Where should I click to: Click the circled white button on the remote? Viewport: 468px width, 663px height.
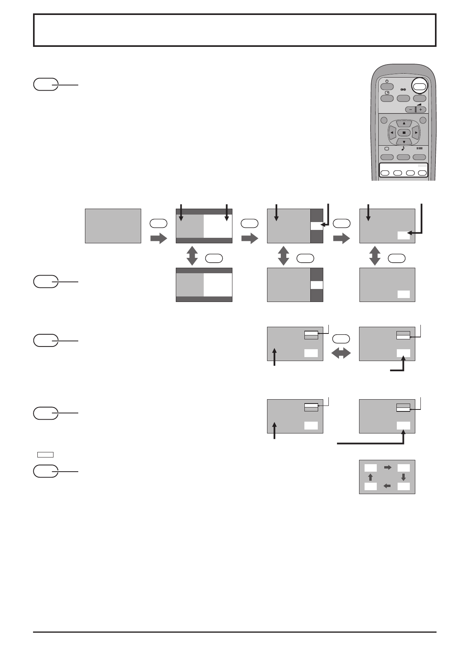pyautogui.click(x=420, y=87)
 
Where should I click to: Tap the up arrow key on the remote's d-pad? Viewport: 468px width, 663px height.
pyautogui.click(x=404, y=123)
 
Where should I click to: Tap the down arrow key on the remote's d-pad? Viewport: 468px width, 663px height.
pyautogui.click(x=404, y=141)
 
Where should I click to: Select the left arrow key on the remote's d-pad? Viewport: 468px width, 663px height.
pyautogui.click(x=392, y=132)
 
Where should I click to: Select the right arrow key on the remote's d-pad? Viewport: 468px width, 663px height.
pyautogui.click(x=416, y=132)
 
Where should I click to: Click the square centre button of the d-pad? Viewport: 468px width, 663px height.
pyautogui.click(x=404, y=132)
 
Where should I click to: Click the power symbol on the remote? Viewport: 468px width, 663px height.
pyautogui.click(x=387, y=81)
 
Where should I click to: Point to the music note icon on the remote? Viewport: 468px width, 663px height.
pyautogui.click(x=404, y=148)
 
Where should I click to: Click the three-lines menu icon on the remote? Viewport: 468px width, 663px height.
pyautogui.click(x=420, y=148)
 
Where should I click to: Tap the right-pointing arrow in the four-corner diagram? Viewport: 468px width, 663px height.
pyautogui.click(x=388, y=467)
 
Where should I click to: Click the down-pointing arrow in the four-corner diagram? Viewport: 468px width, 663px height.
pyautogui.click(x=404, y=477)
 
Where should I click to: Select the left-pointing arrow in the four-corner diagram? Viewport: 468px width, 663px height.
pyautogui.click(x=387, y=486)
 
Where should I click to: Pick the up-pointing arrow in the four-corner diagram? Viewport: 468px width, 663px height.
pyautogui.click(x=370, y=477)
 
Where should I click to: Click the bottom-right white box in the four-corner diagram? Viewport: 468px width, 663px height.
pyautogui.click(x=404, y=487)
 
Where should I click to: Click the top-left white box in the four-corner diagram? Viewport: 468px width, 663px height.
pyautogui.click(x=370, y=468)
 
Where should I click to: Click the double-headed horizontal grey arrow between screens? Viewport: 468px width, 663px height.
pyautogui.click(x=341, y=354)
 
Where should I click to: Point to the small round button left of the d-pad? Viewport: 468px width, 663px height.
pyautogui.click(x=384, y=120)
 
